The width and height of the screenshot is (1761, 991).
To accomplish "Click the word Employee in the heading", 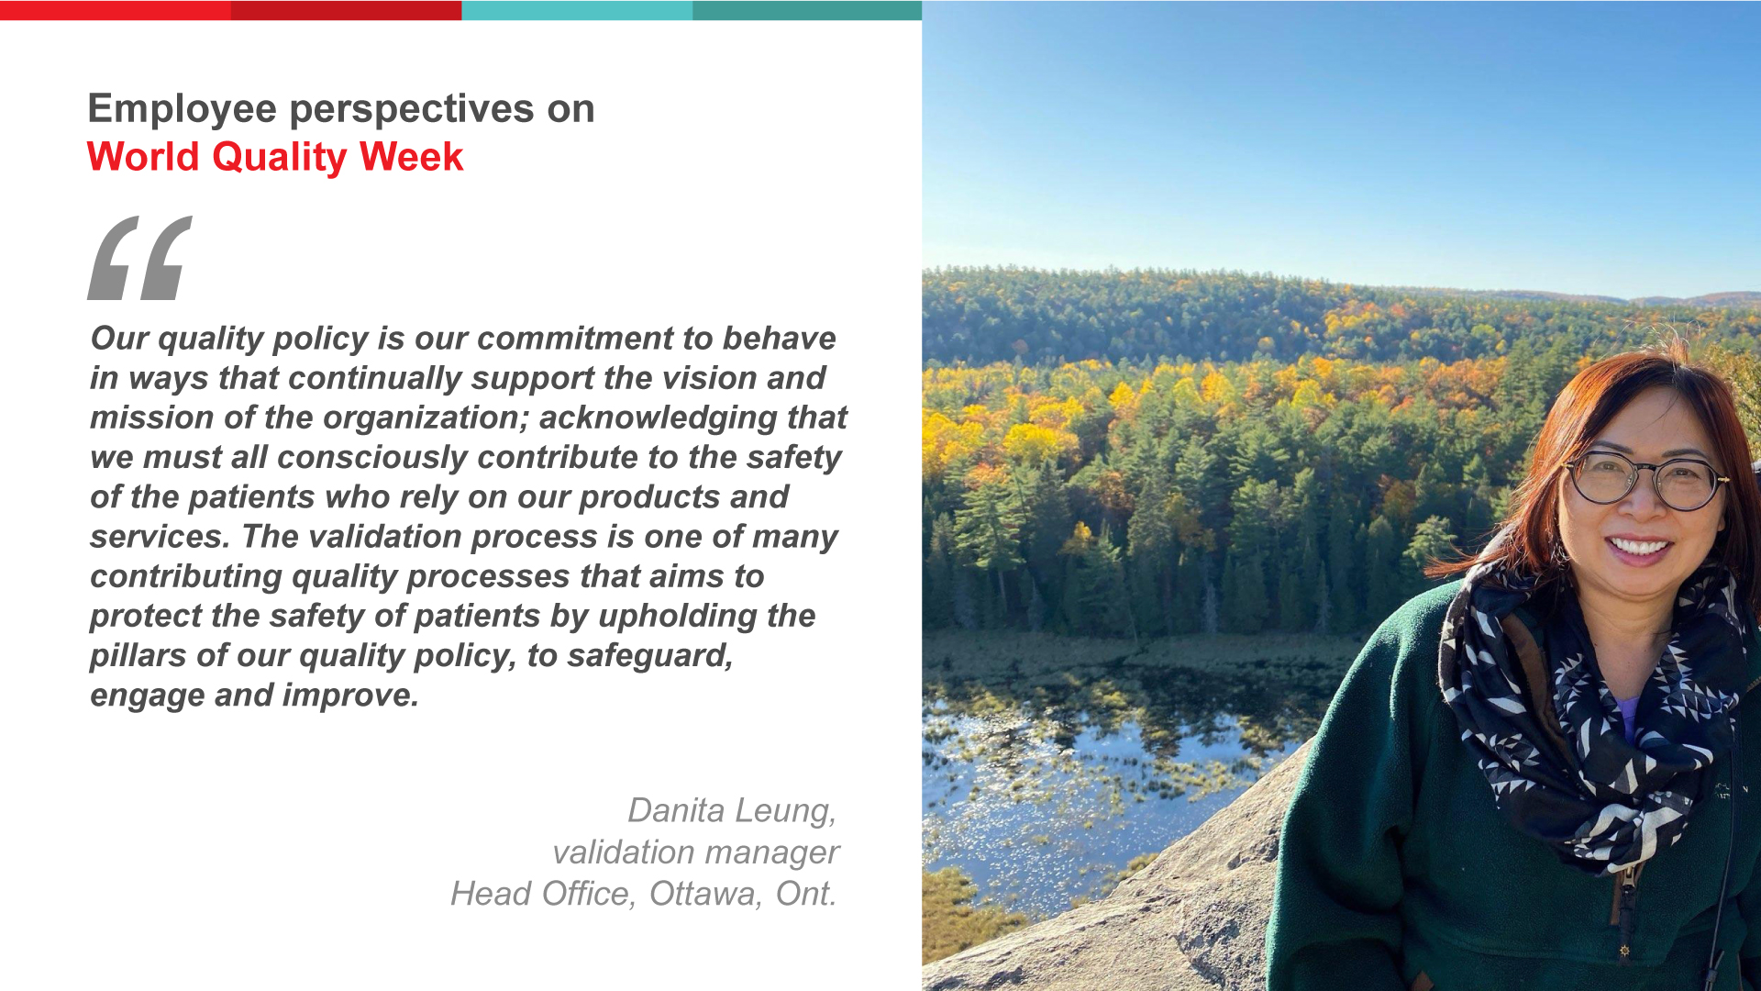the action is click(183, 110).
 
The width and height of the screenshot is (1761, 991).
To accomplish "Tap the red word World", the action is click(143, 156).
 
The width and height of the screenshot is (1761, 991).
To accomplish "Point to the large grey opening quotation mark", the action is click(139, 258).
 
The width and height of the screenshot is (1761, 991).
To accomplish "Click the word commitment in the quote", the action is click(575, 338).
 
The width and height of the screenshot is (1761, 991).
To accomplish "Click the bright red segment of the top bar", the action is click(116, 10).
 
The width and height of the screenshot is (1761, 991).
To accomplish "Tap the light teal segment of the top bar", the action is click(577, 10).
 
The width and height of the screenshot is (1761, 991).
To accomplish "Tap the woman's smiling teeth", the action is click(1640, 549).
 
